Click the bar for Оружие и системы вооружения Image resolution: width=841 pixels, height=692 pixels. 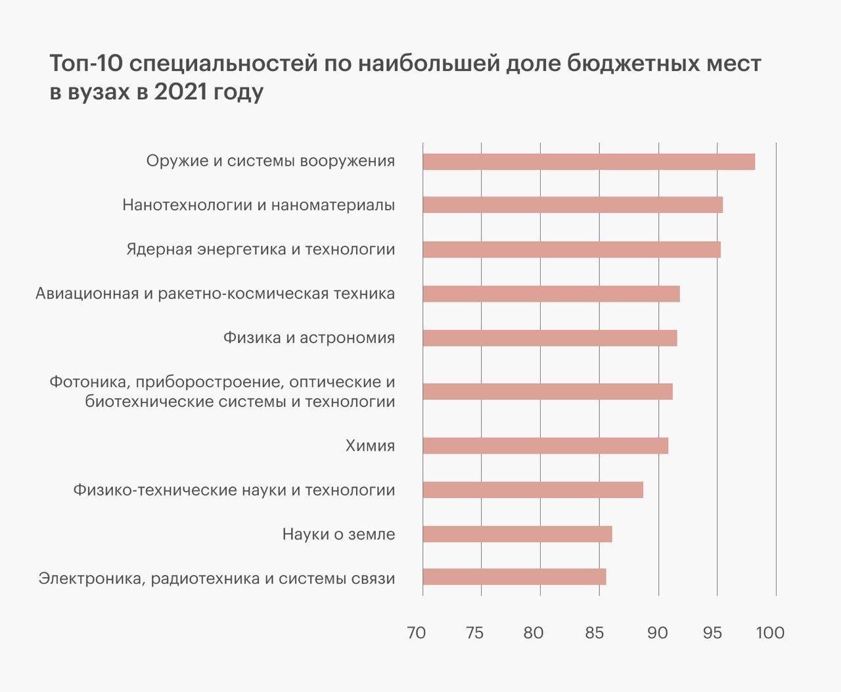[588, 162]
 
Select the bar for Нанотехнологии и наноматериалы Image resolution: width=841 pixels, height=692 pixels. [572, 205]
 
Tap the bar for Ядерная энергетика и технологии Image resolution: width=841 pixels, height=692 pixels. [571, 250]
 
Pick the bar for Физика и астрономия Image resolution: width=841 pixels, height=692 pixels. [549, 338]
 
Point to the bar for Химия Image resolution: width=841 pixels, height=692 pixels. [545, 446]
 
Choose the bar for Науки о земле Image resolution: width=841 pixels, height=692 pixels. [517, 534]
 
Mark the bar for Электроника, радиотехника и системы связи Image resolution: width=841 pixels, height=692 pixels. [514, 577]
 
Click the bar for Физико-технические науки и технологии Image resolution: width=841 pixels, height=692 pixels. [532, 490]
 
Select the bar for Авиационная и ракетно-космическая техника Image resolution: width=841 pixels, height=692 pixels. [551, 294]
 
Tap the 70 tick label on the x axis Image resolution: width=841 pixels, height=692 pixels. [417, 633]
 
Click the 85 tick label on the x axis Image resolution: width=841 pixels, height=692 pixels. [594, 633]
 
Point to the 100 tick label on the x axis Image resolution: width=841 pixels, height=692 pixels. [770, 633]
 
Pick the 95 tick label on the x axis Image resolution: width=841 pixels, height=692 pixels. [712, 633]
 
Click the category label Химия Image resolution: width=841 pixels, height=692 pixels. [370, 446]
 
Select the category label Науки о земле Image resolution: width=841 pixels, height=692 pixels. [338, 534]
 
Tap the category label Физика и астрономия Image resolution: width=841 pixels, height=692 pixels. [309, 338]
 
